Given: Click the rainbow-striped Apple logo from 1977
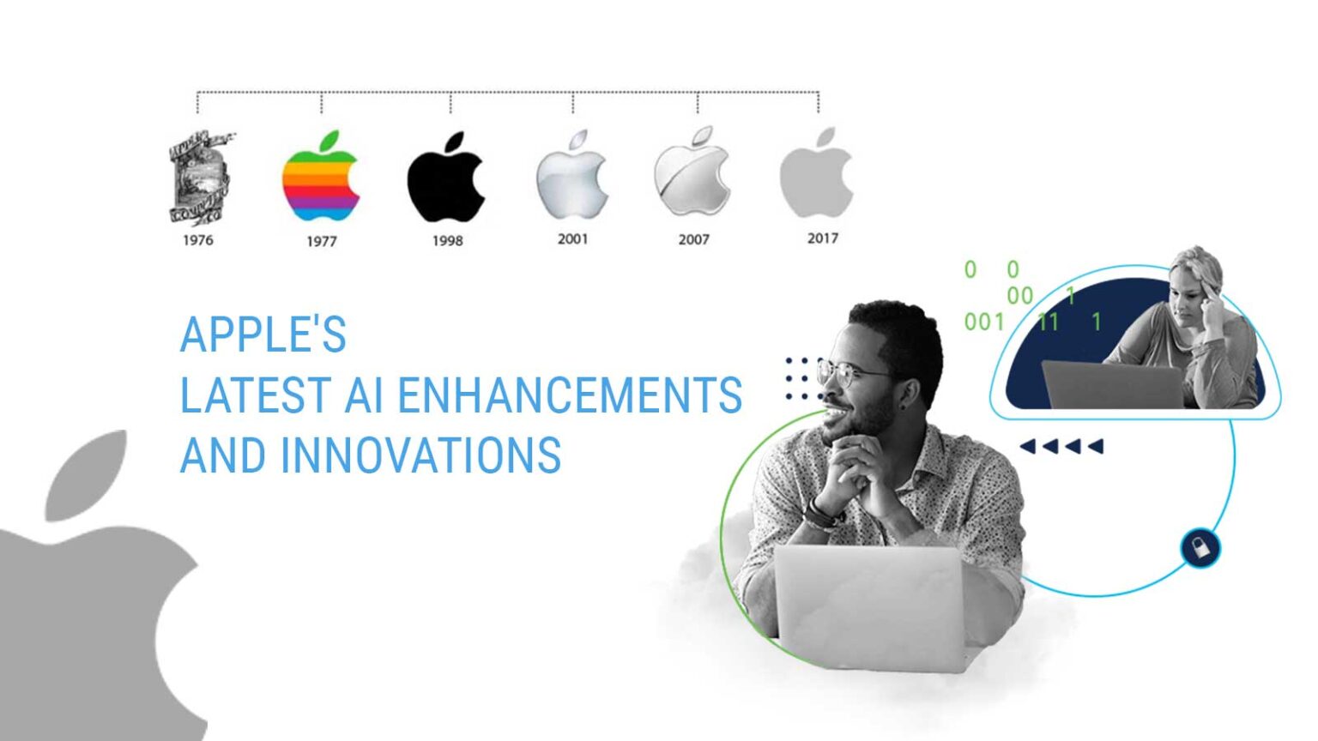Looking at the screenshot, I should coord(320,178).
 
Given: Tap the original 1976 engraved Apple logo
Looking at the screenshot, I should coord(199,178).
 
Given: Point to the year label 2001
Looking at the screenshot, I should coord(572,238).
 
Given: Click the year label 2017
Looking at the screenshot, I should coord(822,238).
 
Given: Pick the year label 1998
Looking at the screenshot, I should coord(447,241).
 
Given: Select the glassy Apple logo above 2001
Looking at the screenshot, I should coord(571,177).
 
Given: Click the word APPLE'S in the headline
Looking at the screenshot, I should coord(263,334).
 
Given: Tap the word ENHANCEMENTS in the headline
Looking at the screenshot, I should coord(569,395).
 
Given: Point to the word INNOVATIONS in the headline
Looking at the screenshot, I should coord(420,455).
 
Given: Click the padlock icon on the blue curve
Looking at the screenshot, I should coord(1200,548).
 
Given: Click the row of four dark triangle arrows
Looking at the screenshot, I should coord(1061,446).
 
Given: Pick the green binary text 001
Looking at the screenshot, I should coord(983,322).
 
